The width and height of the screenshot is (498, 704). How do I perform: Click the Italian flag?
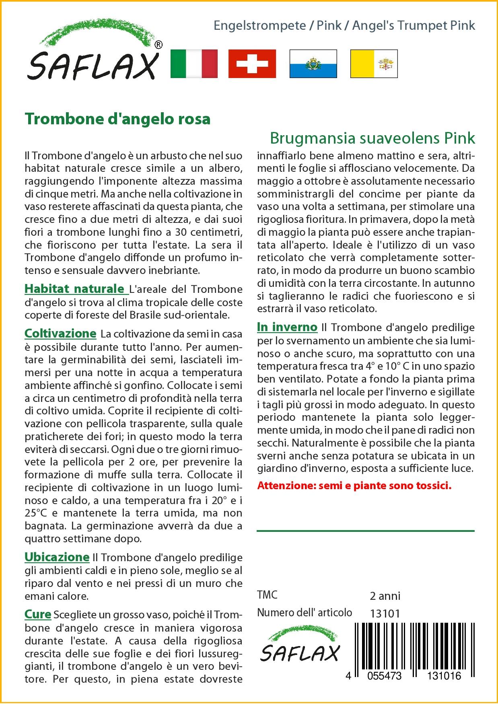click(194, 64)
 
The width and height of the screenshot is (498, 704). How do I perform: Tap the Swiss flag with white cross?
click(252, 64)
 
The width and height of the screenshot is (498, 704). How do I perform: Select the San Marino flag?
click(313, 64)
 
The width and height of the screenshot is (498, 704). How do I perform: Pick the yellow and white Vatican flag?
click(374, 64)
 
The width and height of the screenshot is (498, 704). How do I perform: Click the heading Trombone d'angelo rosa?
click(117, 119)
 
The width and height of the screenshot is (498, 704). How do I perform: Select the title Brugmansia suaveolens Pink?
click(372, 138)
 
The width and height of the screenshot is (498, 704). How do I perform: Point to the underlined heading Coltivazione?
click(60, 333)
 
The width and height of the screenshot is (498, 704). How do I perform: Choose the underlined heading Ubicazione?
click(57, 557)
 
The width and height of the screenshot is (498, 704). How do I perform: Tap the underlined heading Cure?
click(38, 615)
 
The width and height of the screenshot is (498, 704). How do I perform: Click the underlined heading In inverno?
click(287, 327)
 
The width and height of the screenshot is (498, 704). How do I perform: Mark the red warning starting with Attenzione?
click(354, 486)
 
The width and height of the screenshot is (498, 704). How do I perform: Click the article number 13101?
click(385, 613)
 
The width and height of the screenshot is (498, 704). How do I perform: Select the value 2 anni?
click(385, 596)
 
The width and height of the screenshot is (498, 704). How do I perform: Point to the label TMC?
click(268, 595)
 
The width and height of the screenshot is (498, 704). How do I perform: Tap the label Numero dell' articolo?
click(305, 613)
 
